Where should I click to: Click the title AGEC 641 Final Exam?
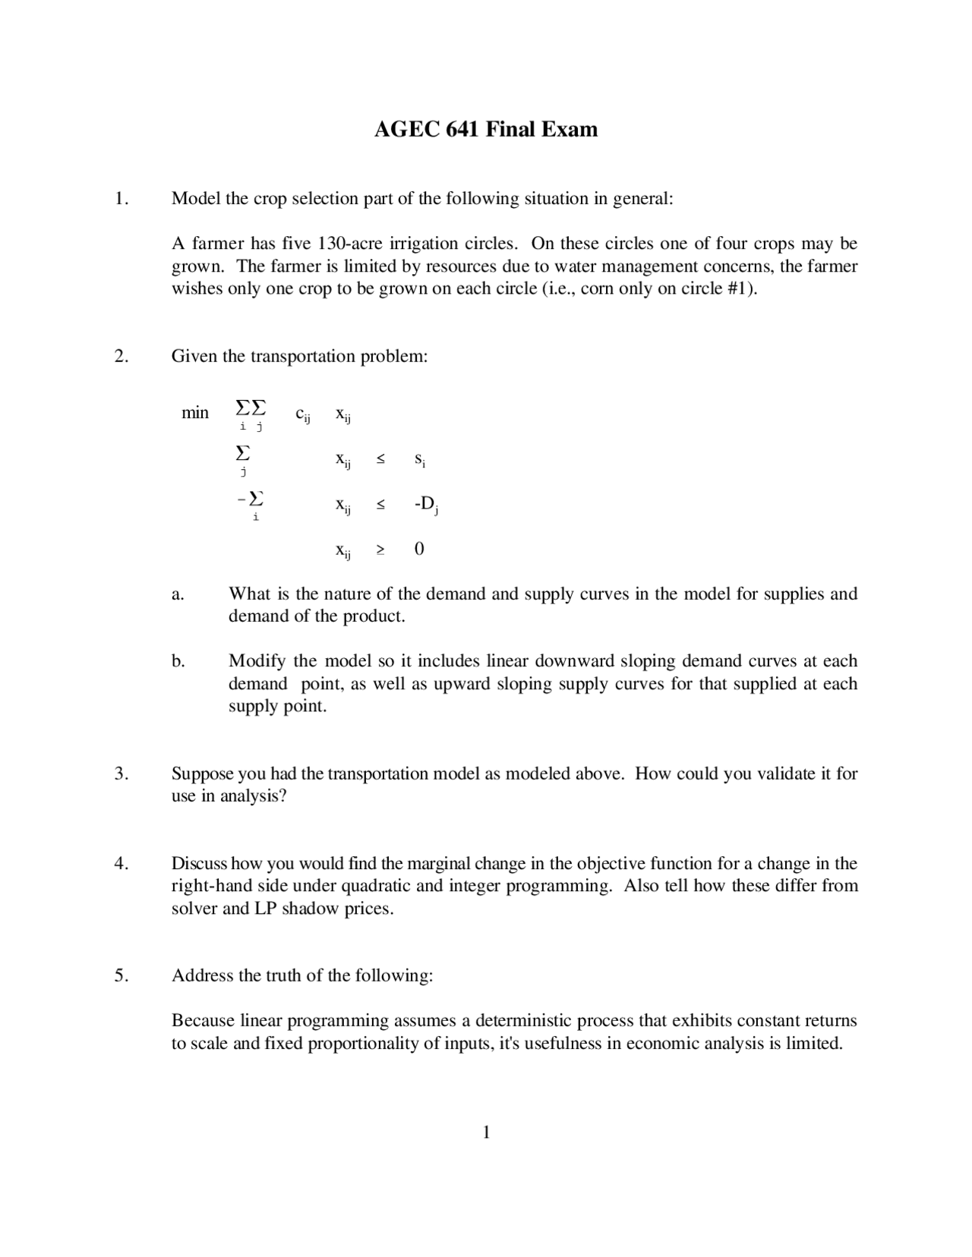485,129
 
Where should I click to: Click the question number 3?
121,773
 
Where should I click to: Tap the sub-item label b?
178,661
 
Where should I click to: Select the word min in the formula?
194,413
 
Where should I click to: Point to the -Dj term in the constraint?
426,504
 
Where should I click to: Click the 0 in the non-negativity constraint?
419,549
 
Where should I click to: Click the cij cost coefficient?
302,414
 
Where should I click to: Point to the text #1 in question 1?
736,289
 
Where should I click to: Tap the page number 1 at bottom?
486,1133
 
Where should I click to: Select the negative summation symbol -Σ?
251,499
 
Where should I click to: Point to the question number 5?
121,975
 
